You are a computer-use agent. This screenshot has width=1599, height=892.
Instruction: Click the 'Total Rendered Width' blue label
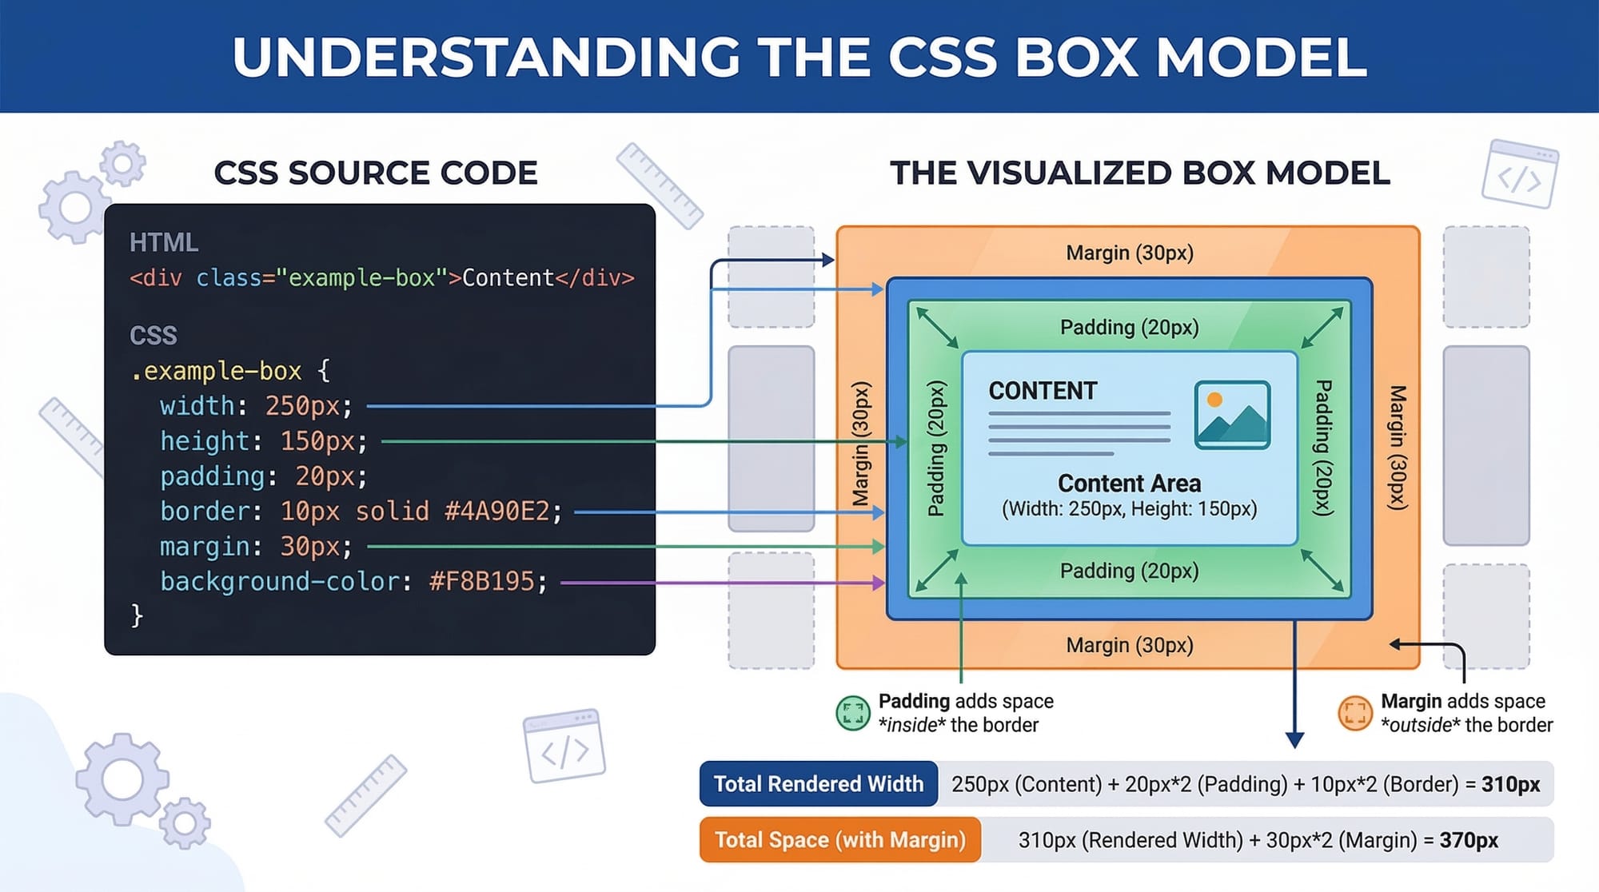(818, 784)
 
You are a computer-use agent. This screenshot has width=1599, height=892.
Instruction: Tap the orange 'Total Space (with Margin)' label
(839, 840)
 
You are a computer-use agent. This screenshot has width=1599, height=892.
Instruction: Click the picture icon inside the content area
(1232, 415)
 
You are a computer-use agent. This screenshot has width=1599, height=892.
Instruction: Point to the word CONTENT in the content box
(1043, 391)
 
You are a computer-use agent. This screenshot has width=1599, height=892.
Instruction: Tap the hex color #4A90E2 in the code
(503, 512)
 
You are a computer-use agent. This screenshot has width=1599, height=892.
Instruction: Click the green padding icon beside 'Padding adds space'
(852, 713)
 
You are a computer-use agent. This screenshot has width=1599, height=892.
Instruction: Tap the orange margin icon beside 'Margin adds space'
(1354, 713)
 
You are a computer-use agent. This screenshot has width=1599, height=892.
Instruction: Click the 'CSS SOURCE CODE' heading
(376, 173)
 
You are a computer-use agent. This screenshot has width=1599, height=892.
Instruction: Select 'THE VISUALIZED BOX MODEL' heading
(1140, 173)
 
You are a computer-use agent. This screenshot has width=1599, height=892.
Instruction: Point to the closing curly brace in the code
(137, 615)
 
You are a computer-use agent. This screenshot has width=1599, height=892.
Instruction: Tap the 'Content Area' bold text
(1129, 484)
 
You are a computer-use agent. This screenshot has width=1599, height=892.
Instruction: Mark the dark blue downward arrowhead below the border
(1294, 739)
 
